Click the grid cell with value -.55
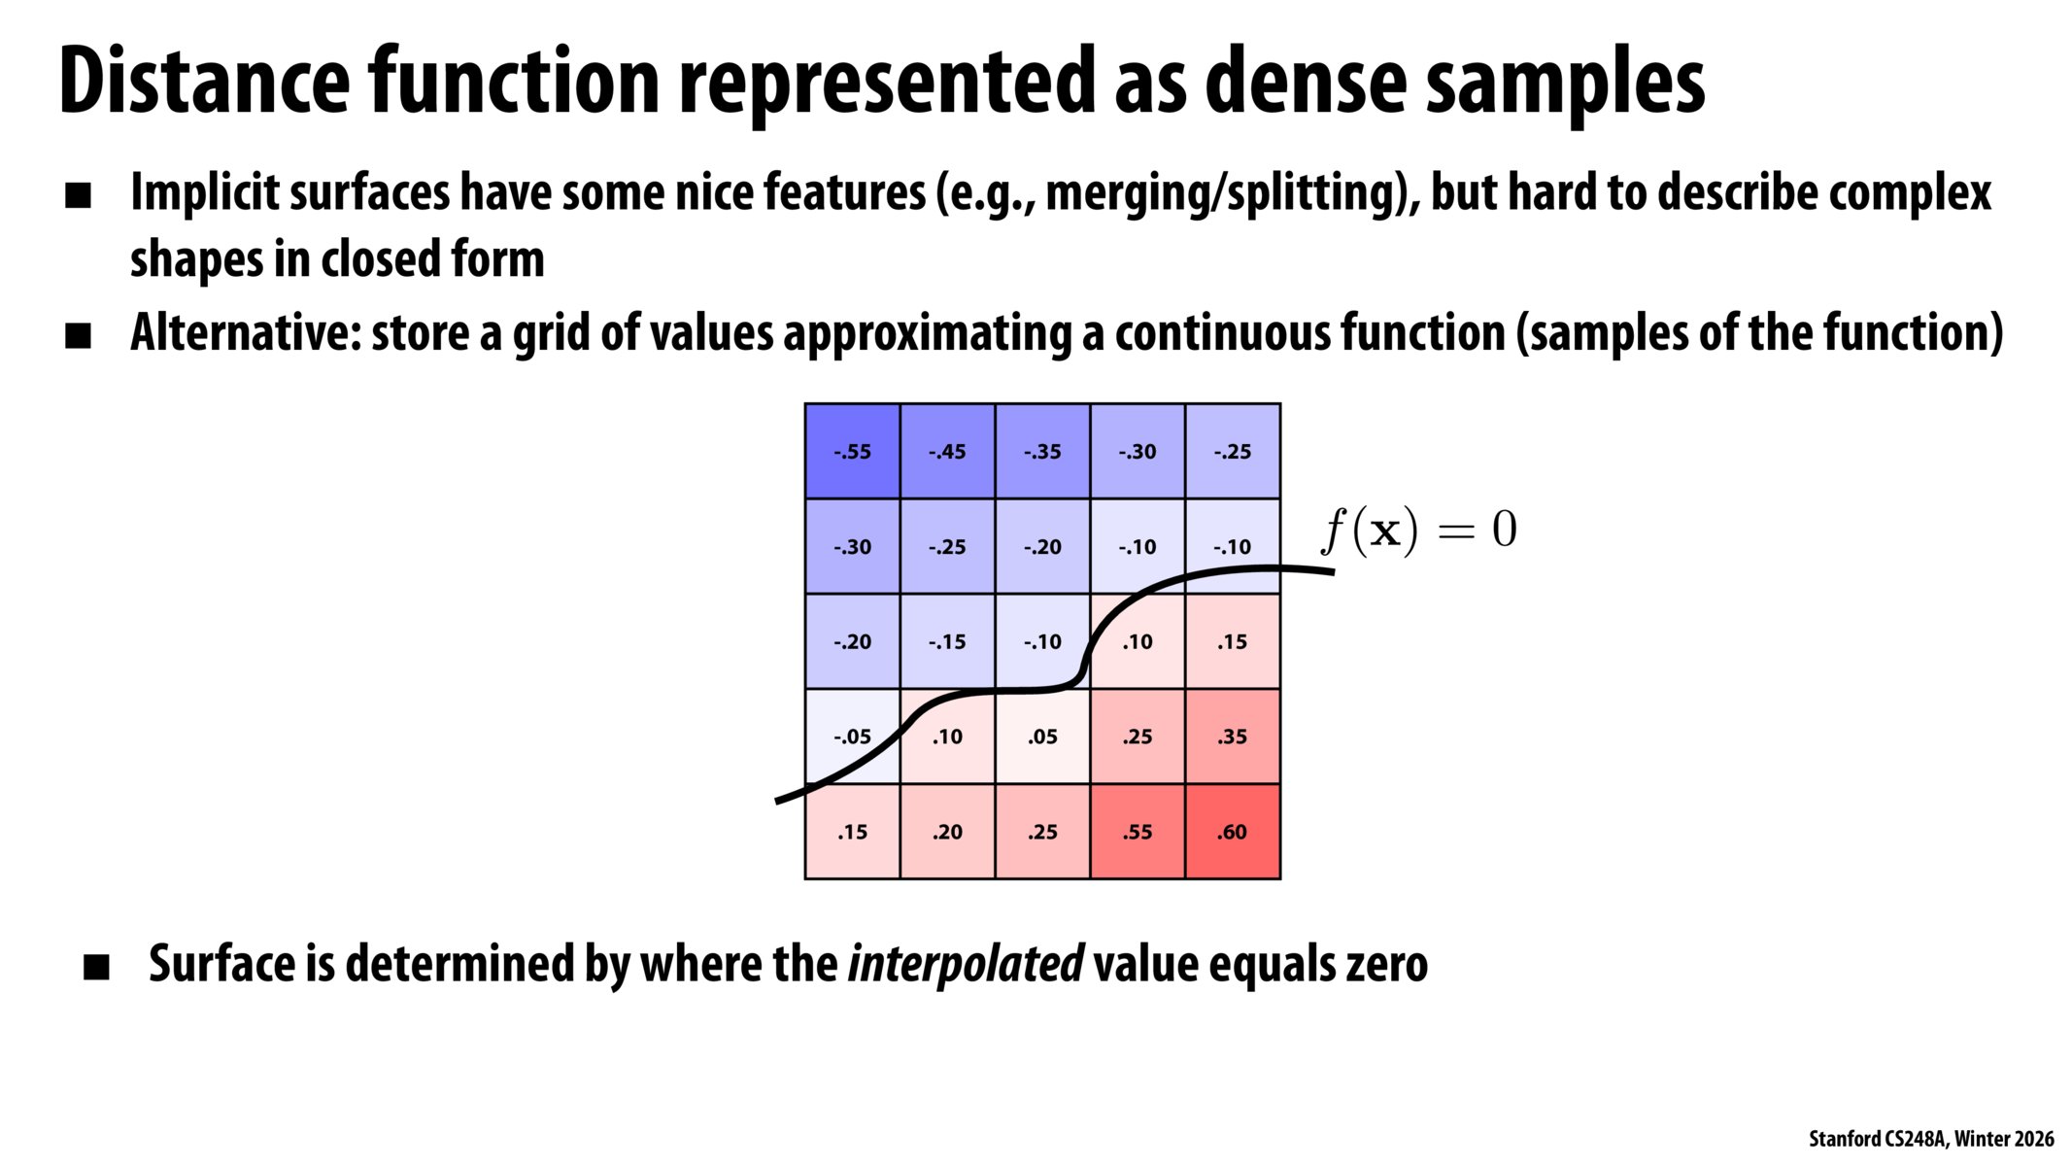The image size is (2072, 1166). coord(852,451)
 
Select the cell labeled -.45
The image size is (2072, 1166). coord(947,451)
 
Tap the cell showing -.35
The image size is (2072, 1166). coord(1042,451)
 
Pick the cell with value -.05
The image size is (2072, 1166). coord(852,737)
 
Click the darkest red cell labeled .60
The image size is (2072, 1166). coord(1233,832)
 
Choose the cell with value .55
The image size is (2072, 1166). coord(1138,832)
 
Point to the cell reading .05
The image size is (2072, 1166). coord(1042,737)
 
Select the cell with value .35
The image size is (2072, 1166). coord(1233,737)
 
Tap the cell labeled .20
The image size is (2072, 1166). coord(947,832)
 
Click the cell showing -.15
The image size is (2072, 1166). coord(947,641)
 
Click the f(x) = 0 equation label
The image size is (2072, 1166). coord(1418,532)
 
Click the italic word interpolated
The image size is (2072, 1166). coord(966,964)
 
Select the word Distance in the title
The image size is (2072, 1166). coord(203,83)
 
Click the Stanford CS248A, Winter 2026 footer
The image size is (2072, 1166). coord(1930,1139)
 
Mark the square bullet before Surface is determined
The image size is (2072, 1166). coord(96,967)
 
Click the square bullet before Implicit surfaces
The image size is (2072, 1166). coord(78,196)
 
